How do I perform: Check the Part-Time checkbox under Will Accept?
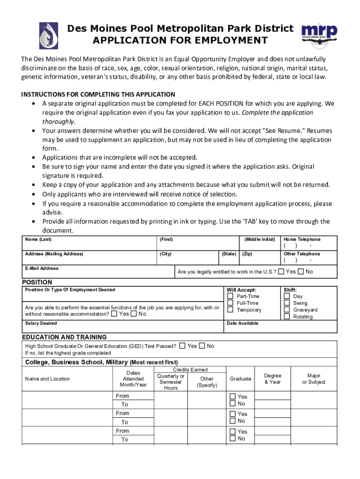230,296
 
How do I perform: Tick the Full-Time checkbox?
230,303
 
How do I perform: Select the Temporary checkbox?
230,310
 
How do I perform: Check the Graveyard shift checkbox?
287,310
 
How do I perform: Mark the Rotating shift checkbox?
287,317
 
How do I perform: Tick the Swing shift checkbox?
287,303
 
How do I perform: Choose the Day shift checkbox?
287,296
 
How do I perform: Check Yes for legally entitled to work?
281,272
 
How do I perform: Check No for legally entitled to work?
301,272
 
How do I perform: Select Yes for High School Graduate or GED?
182,346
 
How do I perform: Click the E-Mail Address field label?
42,269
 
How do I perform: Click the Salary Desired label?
41,323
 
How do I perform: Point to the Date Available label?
242,323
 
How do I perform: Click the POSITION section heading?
37,282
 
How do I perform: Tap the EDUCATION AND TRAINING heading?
65,337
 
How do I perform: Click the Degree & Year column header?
273,379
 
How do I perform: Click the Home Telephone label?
302,239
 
